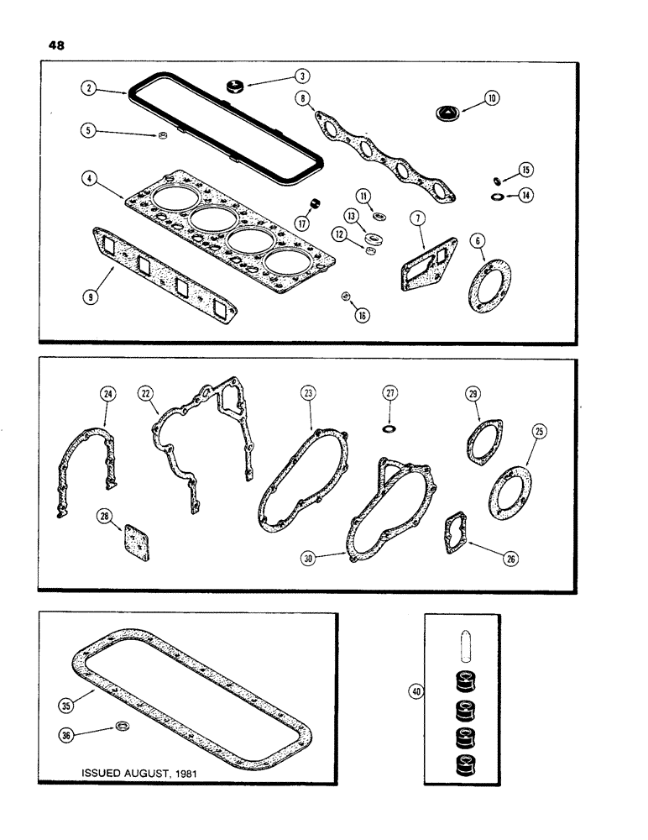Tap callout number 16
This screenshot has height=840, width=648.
coord(363,316)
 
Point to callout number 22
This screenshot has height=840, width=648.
coord(146,393)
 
